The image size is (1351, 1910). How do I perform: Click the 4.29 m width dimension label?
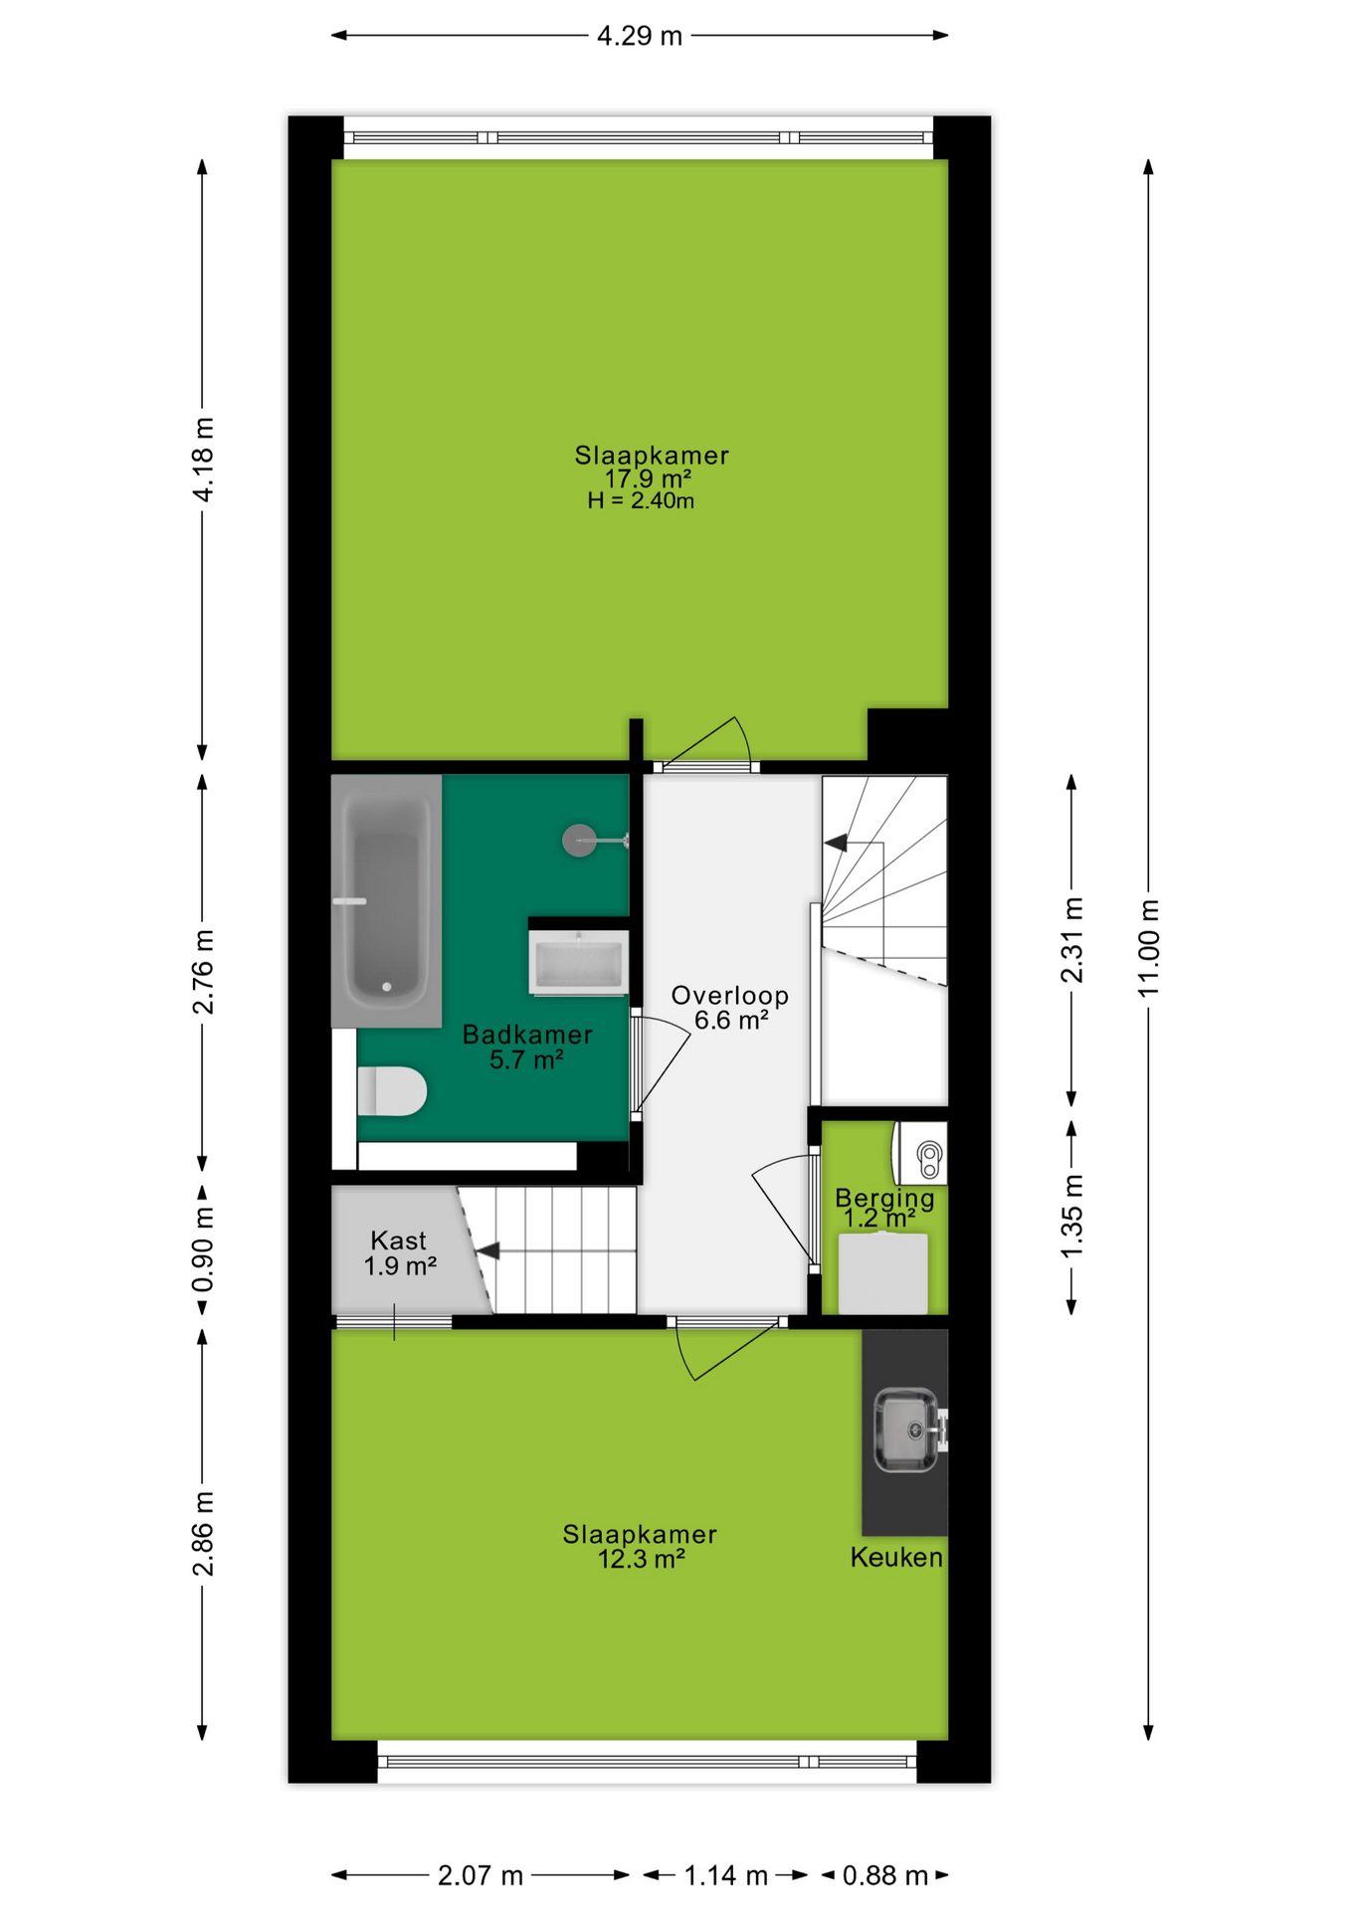point(640,36)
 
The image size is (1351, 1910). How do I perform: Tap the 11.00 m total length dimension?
point(1149,948)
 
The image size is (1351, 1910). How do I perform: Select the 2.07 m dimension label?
point(481,1875)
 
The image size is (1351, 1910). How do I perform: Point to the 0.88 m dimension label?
point(884,1875)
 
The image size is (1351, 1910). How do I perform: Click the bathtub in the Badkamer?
point(387,901)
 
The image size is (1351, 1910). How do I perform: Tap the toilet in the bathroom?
point(392,1091)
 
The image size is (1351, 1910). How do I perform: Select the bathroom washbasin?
point(578,962)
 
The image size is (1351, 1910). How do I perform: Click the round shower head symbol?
point(579,841)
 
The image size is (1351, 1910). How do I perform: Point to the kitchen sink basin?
point(905,1431)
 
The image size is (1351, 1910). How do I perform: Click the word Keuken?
point(896,1557)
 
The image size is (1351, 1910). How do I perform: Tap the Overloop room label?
point(730,996)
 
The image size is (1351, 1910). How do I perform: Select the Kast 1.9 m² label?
point(400,1253)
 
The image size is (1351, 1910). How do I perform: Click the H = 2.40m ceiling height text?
point(641,500)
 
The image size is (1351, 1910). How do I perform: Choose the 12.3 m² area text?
point(642,1559)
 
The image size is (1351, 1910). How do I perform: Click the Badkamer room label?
point(527,1035)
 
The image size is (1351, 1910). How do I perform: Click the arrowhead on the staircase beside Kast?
point(487,1250)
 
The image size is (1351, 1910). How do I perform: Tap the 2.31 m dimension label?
point(1071,940)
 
